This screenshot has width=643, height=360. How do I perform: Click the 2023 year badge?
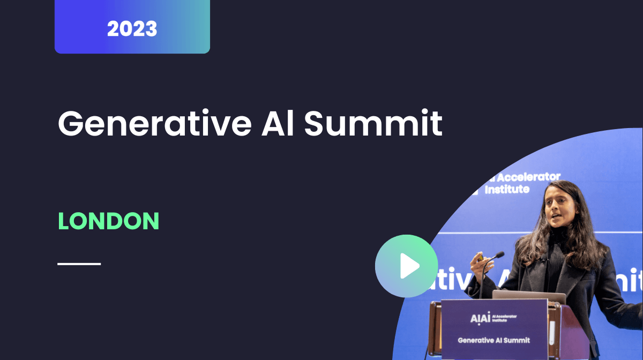[x=132, y=28]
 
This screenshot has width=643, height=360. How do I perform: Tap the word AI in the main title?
[x=278, y=123]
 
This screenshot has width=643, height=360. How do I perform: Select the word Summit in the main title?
[x=373, y=123]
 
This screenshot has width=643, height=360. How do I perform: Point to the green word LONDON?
[x=108, y=221]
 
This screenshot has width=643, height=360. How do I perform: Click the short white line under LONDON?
[x=79, y=264]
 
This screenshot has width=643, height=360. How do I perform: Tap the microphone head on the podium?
[x=498, y=255]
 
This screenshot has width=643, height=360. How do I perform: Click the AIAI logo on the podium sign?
[x=480, y=318]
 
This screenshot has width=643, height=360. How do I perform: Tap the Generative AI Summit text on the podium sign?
[x=494, y=340]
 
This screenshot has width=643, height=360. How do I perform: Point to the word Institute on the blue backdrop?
[x=507, y=189]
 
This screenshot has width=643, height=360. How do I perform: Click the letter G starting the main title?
[x=70, y=124]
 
